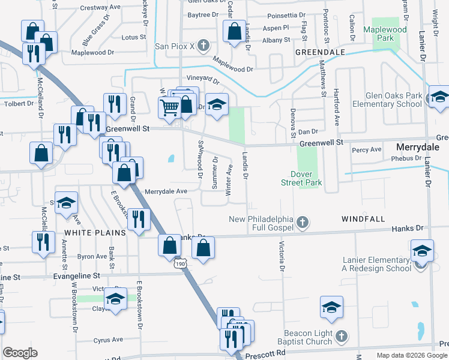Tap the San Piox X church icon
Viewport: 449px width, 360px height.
pos(203,46)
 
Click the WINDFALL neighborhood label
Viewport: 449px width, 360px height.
pos(363,219)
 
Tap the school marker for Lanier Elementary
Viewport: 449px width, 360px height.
pos(422,251)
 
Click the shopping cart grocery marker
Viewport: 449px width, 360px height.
pos(170,108)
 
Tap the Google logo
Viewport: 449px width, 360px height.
pos(20,353)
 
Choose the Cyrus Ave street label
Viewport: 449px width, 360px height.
pos(109,340)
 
